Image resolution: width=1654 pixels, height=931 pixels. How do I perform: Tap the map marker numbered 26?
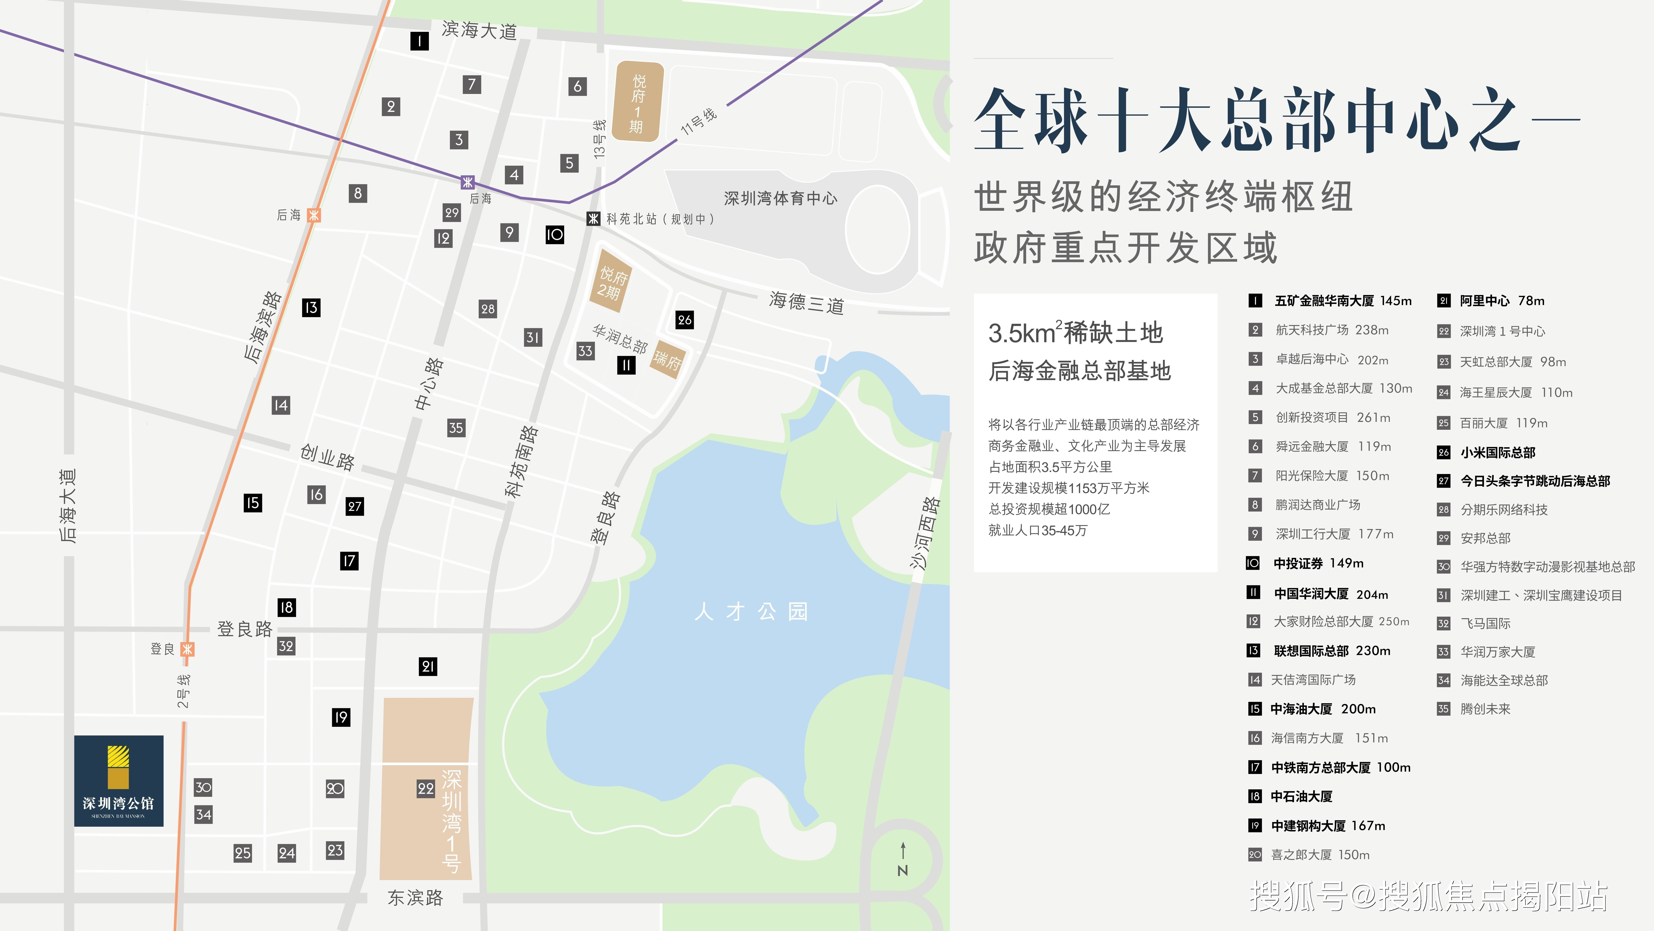[x=684, y=319]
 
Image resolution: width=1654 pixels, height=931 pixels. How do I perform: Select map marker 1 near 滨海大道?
[x=419, y=41]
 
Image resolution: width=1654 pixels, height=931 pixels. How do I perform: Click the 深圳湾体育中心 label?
[x=780, y=199]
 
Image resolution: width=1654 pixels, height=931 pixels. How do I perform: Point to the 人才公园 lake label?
[x=751, y=611]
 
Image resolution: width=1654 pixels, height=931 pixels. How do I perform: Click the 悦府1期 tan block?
[x=637, y=101]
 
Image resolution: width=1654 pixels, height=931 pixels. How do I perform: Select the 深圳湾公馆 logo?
[x=119, y=781]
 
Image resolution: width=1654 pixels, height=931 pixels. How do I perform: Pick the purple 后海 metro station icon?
[x=467, y=182]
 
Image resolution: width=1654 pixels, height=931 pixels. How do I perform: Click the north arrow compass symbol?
[x=903, y=859]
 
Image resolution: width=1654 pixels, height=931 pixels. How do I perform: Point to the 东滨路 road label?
[x=415, y=898]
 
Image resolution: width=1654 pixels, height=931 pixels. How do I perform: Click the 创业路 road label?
[x=328, y=458]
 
